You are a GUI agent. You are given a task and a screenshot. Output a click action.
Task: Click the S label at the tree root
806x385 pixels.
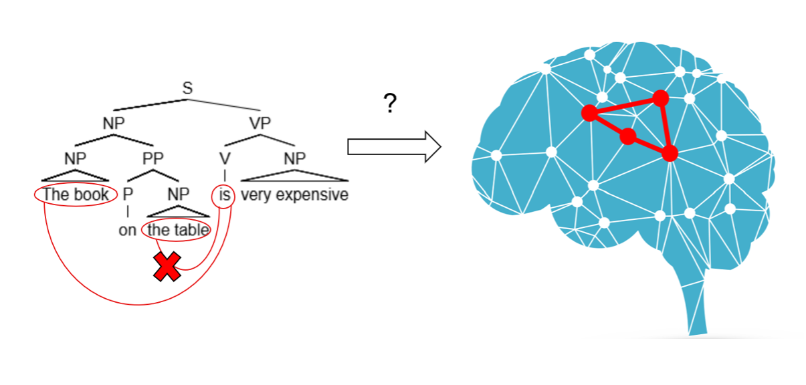(187, 88)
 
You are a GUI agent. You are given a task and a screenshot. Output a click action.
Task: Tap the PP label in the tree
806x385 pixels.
(153, 158)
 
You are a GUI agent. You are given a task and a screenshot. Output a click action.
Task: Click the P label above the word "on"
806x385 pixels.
(128, 195)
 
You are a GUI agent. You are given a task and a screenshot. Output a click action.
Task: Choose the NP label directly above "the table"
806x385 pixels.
(179, 195)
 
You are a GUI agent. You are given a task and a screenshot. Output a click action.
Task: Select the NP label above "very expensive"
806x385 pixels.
(294, 158)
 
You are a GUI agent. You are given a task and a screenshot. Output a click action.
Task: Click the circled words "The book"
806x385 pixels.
(76, 195)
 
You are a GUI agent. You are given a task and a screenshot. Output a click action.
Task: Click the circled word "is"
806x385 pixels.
(224, 195)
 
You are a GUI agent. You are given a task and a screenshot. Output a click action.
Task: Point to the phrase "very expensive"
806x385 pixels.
(294, 195)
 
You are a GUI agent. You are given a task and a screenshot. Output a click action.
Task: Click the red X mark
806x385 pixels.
(167, 267)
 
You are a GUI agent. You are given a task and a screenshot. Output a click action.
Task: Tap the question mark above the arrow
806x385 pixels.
(391, 104)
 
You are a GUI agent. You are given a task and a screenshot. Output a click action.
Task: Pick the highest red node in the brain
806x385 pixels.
(661, 98)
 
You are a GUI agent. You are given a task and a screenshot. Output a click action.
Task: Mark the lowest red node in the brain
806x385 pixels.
(670, 153)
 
